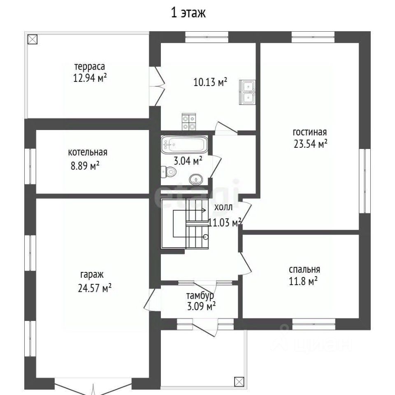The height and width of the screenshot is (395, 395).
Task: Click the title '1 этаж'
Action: [188, 13]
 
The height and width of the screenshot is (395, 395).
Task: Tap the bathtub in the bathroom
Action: [184, 145]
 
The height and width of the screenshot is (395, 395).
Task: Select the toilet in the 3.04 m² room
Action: [169, 172]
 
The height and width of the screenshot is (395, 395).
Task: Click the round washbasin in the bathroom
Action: [196, 179]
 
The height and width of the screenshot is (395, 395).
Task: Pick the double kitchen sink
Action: [247, 92]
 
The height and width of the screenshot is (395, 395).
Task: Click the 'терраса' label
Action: [89, 67]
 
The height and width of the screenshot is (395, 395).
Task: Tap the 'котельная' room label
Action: [88, 152]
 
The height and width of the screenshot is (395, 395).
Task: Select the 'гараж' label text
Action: [92, 274]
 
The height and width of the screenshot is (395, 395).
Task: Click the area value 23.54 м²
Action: [310, 144]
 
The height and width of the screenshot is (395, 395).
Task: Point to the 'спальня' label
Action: [304, 270]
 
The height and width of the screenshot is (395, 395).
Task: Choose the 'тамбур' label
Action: [200, 295]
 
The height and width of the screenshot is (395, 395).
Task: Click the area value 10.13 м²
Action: [210, 82]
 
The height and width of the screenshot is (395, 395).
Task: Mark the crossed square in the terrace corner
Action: [32, 39]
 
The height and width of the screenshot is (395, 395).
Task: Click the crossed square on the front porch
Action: [239, 381]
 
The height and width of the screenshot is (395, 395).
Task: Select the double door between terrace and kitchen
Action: [157, 86]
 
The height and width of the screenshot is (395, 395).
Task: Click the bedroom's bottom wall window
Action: [314, 324]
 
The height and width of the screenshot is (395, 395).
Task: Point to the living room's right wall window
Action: [365, 181]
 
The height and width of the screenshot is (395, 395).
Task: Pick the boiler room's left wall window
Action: [30, 166]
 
